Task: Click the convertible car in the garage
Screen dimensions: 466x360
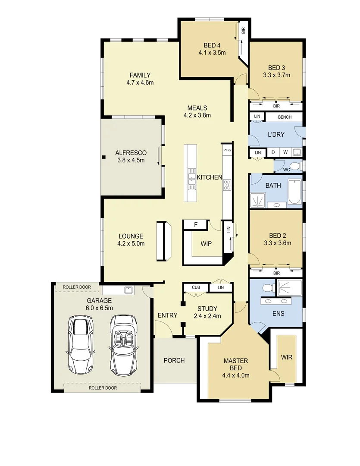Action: (124, 345)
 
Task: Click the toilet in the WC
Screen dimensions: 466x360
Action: (295, 167)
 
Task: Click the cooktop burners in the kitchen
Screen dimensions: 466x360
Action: (227, 186)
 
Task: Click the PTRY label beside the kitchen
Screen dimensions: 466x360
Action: (227, 150)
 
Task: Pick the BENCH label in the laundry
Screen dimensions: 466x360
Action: (285, 117)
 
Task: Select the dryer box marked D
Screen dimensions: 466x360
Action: (273, 152)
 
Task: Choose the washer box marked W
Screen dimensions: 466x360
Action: (285, 152)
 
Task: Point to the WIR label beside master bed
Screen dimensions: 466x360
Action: (286, 357)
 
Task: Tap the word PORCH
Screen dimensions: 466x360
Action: (174, 360)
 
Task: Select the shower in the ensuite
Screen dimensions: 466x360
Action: (290, 288)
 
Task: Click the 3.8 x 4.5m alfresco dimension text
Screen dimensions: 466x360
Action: (131, 160)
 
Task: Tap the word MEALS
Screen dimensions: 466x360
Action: (197, 108)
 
